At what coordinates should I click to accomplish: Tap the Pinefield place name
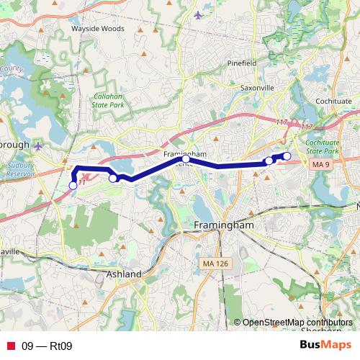242,63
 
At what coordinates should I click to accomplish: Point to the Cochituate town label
333,102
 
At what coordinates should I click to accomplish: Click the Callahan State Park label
108,100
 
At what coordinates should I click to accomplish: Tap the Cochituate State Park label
322,148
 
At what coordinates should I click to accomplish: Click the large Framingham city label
224,225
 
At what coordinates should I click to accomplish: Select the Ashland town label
124,274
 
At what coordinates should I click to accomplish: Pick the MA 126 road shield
216,265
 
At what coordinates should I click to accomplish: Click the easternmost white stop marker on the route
287,156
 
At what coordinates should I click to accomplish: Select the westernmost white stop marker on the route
73,186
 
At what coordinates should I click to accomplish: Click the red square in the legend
10,346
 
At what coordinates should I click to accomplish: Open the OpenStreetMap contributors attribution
297,323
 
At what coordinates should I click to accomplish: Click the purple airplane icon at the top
199,15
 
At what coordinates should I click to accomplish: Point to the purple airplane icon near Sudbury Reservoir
38,147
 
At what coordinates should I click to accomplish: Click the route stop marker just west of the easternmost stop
269,161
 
